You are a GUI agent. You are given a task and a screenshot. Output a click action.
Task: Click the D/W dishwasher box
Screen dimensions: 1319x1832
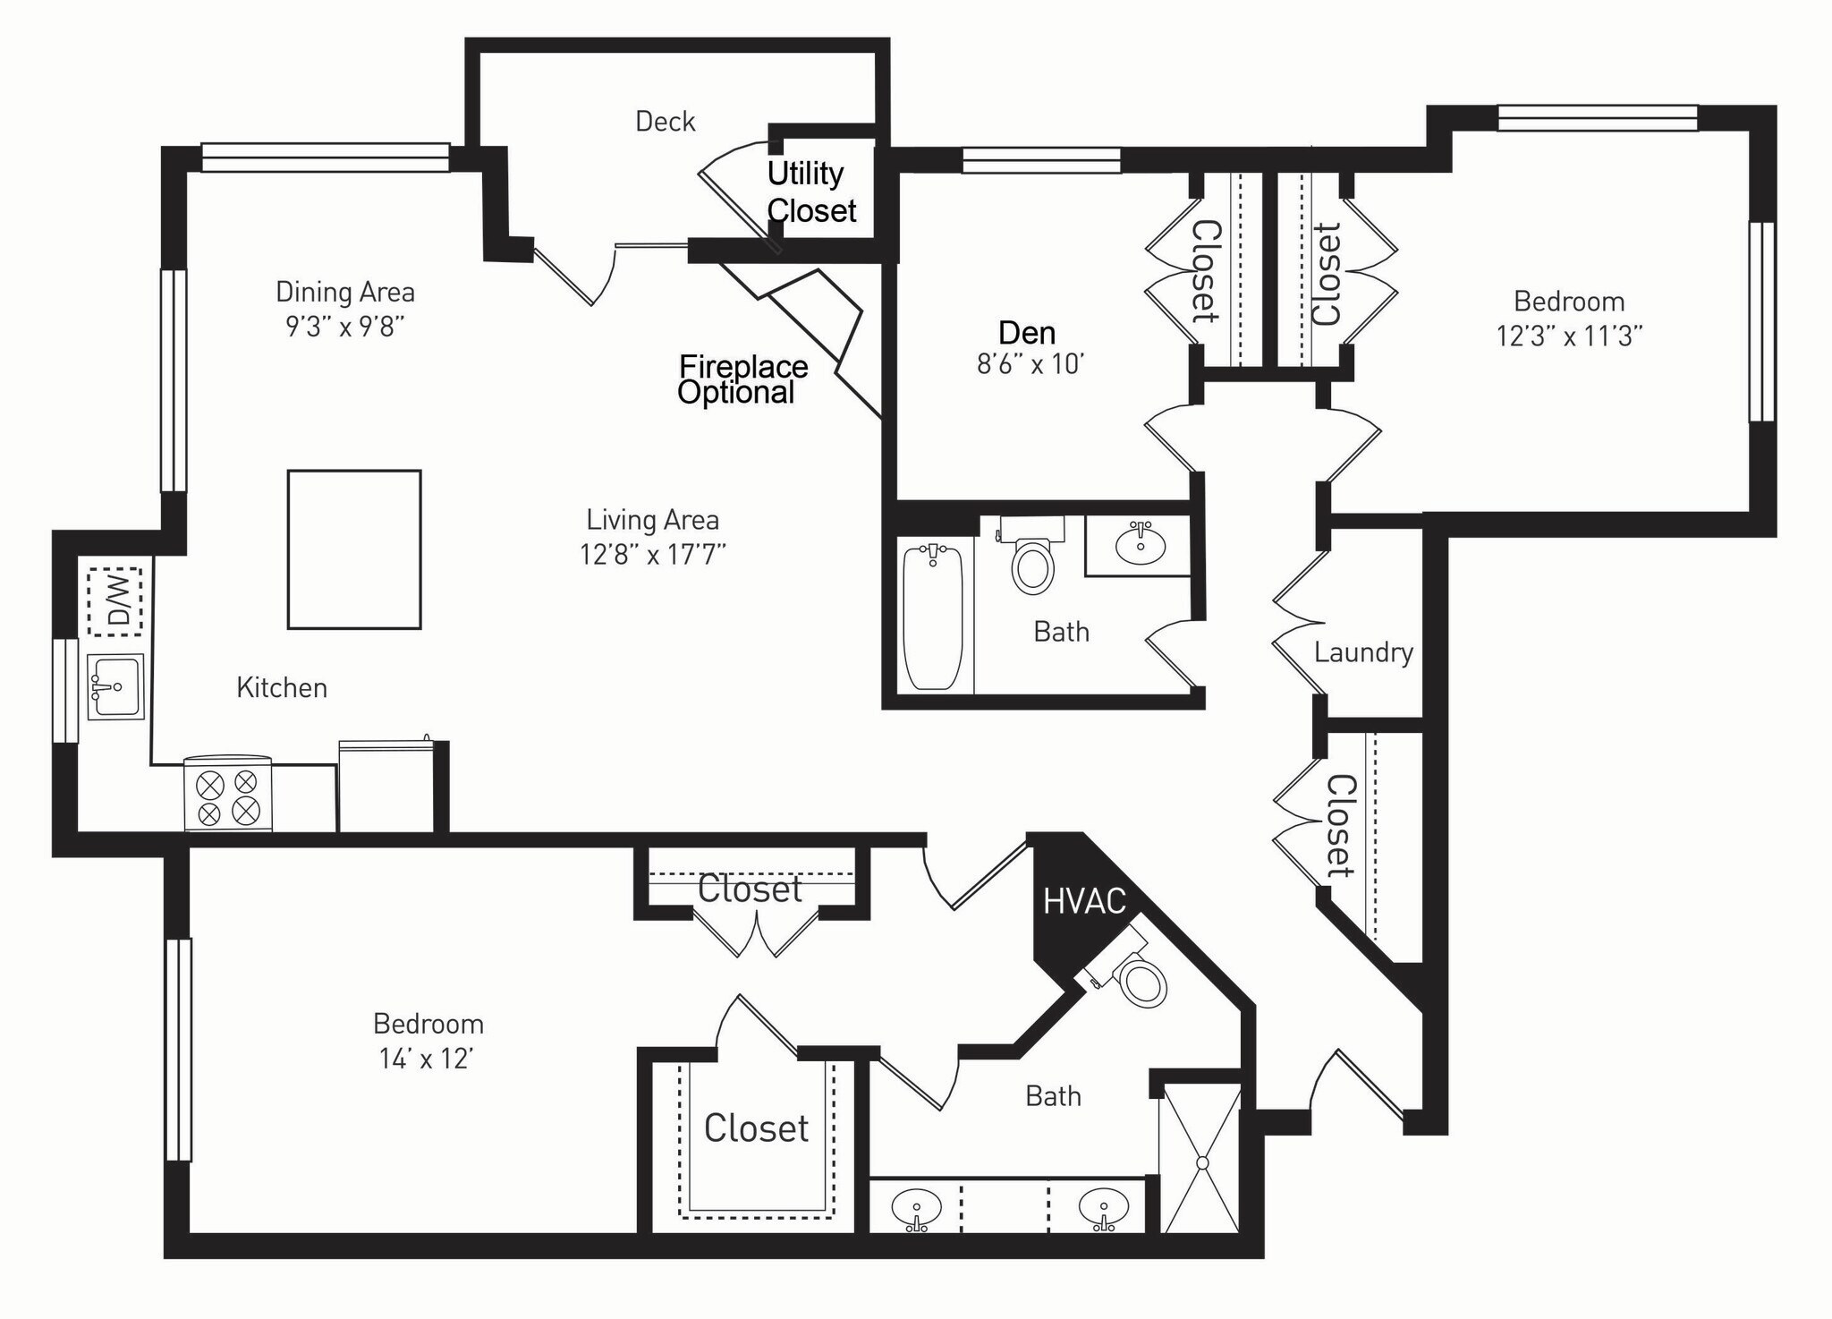(x=114, y=601)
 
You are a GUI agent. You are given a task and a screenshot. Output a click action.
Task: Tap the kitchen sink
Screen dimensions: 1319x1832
(x=115, y=686)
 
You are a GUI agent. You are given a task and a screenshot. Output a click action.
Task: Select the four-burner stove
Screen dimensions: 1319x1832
(x=227, y=794)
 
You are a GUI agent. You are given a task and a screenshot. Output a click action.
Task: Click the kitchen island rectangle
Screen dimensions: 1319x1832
(x=354, y=549)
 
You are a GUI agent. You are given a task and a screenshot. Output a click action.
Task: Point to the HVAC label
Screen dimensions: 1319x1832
(x=1084, y=901)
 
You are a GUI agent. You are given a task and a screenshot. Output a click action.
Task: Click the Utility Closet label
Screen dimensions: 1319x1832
(x=811, y=191)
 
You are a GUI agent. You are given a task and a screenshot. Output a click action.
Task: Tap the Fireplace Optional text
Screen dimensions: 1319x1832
(x=742, y=379)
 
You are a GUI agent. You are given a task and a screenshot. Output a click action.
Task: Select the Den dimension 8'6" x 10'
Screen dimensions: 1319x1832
(x=1030, y=364)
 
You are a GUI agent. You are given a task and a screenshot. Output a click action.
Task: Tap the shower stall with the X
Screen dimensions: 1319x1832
(x=1201, y=1161)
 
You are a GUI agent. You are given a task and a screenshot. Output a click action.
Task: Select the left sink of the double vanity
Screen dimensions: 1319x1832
(x=917, y=1209)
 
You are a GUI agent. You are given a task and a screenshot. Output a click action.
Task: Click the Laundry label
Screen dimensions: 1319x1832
(x=1363, y=652)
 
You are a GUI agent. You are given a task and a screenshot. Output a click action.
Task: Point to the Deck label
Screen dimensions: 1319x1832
(x=665, y=122)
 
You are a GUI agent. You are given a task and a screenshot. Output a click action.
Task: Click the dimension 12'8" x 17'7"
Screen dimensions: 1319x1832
(x=652, y=555)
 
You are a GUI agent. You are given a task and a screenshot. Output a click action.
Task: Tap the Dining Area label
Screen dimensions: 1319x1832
(x=344, y=292)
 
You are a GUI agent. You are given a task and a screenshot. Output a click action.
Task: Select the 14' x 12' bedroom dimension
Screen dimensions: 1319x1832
(x=426, y=1059)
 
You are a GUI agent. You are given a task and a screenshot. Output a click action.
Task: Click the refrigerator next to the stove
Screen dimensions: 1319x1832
(x=386, y=786)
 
